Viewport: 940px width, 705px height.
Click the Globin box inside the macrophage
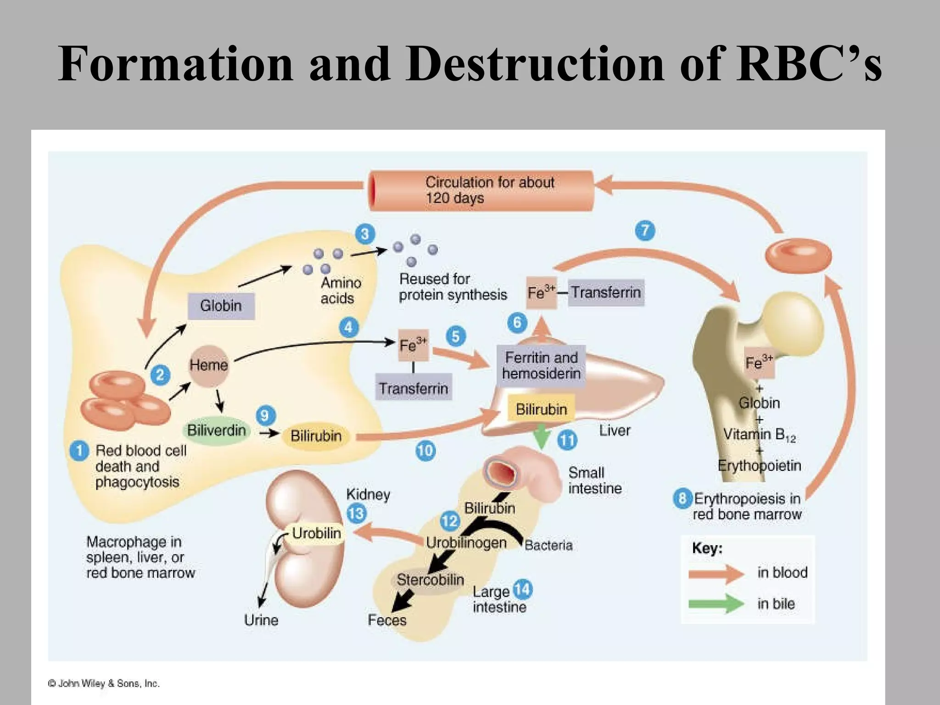[221, 306]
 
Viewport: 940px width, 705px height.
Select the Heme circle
[209, 365]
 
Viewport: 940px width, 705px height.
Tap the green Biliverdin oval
[216, 431]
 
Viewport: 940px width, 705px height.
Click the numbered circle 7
[645, 230]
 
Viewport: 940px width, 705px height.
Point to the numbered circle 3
[365, 234]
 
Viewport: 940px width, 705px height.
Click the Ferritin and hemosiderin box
[541, 366]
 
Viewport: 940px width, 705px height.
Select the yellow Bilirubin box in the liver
[541, 409]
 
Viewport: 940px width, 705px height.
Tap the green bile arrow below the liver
[542, 436]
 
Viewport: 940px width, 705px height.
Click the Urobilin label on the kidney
[316, 533]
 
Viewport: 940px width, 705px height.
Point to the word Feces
[387, 621]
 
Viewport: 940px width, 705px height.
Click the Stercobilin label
[430, 580]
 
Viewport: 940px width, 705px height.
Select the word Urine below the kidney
[261, 621]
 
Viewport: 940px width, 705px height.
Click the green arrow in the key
[716, 604]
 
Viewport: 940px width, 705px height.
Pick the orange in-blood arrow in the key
[716, 573]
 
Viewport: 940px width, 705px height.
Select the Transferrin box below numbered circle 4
[413, 388]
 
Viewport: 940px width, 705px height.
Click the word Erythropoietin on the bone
[759, 466]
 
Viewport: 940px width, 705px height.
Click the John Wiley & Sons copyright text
[104, 683]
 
